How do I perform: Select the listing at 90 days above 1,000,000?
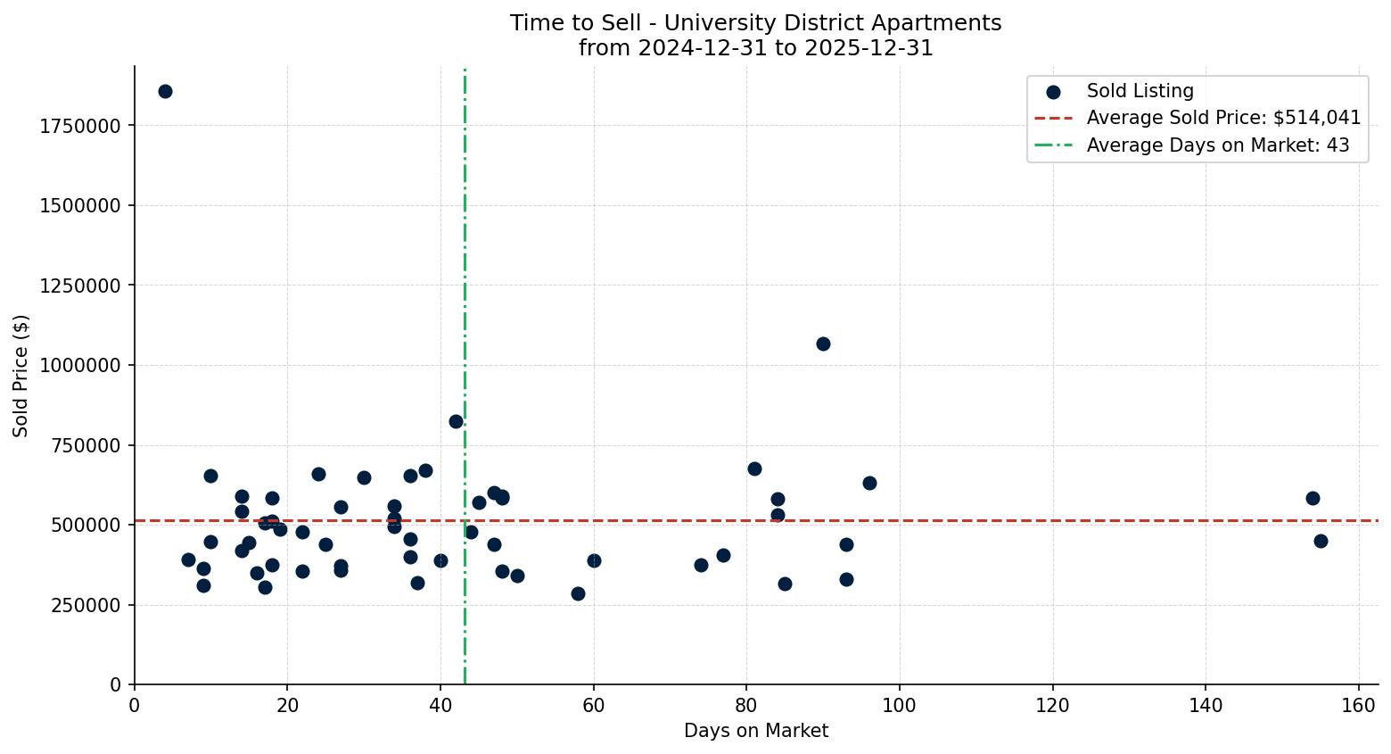click(823, 344)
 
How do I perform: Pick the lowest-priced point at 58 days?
click(578, 593)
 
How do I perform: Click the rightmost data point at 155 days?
click(1321, 541)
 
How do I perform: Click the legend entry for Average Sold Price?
click(1223, 118)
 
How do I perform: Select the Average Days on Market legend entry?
click(1217, 145)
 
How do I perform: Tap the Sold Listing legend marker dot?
click(1053, 91)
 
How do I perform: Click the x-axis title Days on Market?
click(756, 731)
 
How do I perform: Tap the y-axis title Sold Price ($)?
click(21, 376)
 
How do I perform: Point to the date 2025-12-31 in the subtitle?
click(868, 48)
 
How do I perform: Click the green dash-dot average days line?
click(465, 268)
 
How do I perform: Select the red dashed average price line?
click(713, 520)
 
